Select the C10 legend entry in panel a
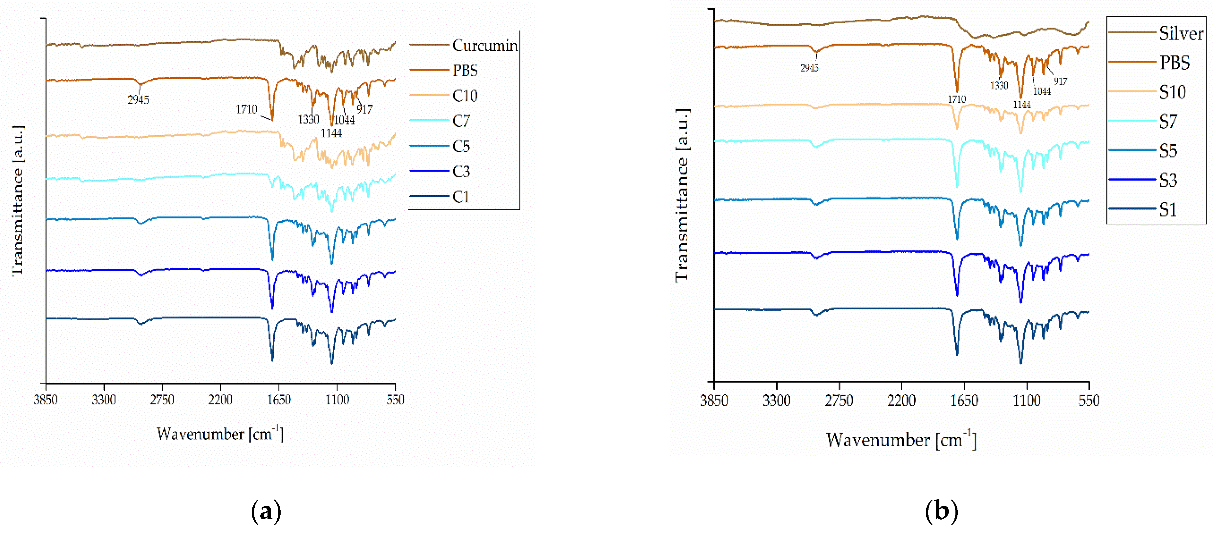click(x=465, y=96)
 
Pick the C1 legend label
click(x=460, y=197)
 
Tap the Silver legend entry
click(x=1180, y=33)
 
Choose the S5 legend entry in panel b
click(x=1167, y=151)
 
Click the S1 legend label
click(x=1167, y=210)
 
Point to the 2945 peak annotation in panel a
click(x=138, y=100)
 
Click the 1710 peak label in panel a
click(x=246, y=109)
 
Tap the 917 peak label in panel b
click(x=1060, y=81)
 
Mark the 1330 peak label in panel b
click(x=999, y=86)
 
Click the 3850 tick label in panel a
click(x=45, y=400)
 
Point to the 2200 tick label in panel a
click(x=221, y=400)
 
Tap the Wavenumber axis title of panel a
click(x=220, y=434)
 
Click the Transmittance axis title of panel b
click(x=682, y=195)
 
